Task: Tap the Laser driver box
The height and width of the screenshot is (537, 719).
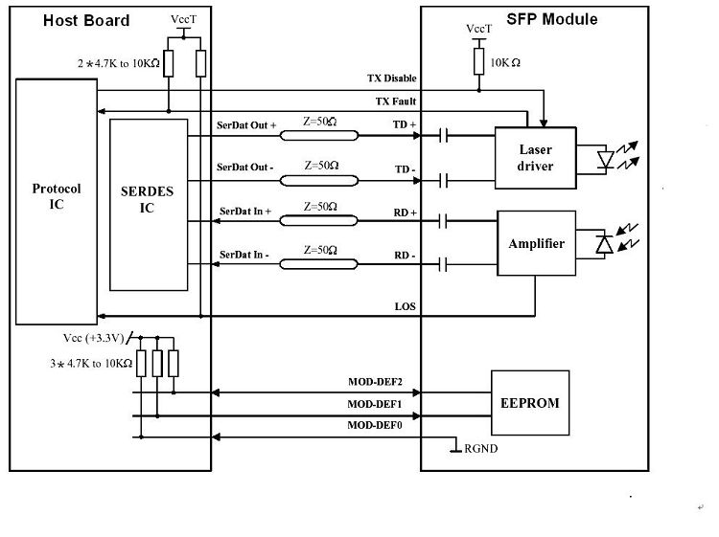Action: coord(535,158)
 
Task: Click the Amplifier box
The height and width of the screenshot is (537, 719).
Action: coord(535,245)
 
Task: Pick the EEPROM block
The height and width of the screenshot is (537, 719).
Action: coord(529,403)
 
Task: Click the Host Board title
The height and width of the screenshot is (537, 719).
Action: coord(86,20)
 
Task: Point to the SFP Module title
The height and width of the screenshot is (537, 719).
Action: coord(552,19)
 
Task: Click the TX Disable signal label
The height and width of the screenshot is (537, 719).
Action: coord(391,78)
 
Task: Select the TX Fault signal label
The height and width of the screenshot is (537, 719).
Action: coord(395,101)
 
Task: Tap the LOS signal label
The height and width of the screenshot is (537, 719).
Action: coord(406,306)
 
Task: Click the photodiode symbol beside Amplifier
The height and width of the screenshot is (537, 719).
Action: coord(603,245)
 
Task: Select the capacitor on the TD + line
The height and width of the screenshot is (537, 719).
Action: coord(443,136)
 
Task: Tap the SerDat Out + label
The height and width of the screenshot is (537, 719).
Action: coord(246,126)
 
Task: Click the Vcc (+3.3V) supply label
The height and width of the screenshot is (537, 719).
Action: coord(93,338)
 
